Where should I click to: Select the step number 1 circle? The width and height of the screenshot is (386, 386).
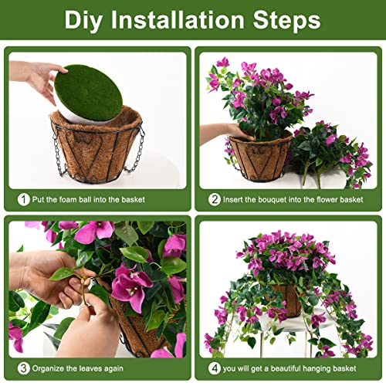(x=24, y=200)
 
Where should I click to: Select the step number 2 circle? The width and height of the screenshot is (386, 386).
(x=215, y=200)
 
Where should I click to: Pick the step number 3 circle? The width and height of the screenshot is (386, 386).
(x=24, y=367)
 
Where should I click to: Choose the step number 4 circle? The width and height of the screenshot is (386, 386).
(x=215, y=367)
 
